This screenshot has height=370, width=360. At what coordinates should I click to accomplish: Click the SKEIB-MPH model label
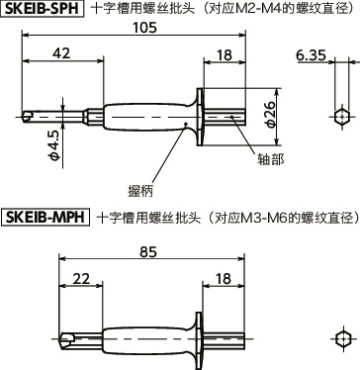45,215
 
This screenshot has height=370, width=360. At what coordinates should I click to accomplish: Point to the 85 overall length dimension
147,253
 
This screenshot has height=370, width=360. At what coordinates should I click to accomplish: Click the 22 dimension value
81,281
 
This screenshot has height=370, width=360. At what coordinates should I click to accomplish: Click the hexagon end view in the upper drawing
341,117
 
